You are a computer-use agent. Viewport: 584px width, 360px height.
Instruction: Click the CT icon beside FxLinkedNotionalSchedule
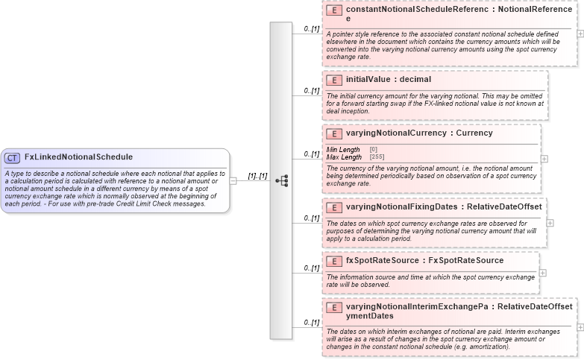(x=13, y=158)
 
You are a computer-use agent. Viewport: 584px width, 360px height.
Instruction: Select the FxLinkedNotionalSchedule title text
(x=78, y=157)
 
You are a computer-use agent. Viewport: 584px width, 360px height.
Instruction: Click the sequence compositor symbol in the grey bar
(x=281, y=180)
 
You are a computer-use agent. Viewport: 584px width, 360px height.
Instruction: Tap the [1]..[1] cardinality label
(x=258, y=176)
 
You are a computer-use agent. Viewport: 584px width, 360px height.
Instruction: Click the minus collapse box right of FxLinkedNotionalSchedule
(x=233, y=180)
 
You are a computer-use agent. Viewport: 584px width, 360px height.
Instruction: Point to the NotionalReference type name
(x=536, y=10)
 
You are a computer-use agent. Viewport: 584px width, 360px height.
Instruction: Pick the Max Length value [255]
(x=377, y=157)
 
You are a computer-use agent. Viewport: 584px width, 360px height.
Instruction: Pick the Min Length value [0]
(x=373, y=150)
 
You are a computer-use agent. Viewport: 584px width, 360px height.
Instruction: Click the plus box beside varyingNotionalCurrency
(x=544, y=159)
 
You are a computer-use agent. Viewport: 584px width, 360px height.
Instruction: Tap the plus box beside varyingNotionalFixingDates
(x=550, y=222)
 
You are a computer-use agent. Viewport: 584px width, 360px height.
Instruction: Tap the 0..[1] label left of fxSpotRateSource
(x=311, y=267)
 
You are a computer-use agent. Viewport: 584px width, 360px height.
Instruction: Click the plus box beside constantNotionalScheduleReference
(x=580, y=34)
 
